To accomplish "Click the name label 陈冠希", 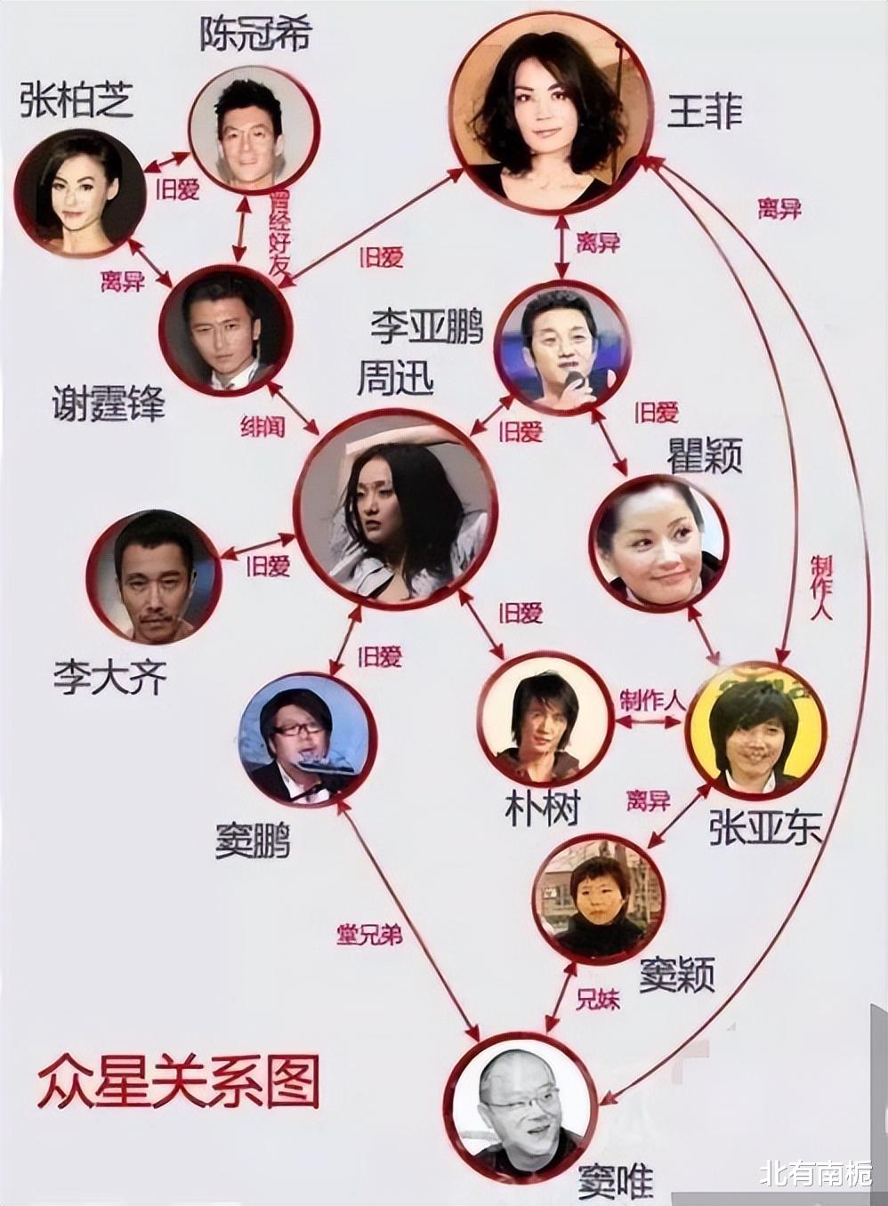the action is point(256,34).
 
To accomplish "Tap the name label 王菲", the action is point(705,111).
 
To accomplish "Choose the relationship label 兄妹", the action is point(598,1000).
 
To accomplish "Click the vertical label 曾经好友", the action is point(279,233).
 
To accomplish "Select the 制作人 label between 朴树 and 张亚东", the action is point(652,701).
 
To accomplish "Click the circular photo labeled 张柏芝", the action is point(80,193).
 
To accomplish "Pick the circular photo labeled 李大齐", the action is point(153,577).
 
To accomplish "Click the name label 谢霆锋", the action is point(109,405).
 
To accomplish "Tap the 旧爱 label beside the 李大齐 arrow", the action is point(268,566).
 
